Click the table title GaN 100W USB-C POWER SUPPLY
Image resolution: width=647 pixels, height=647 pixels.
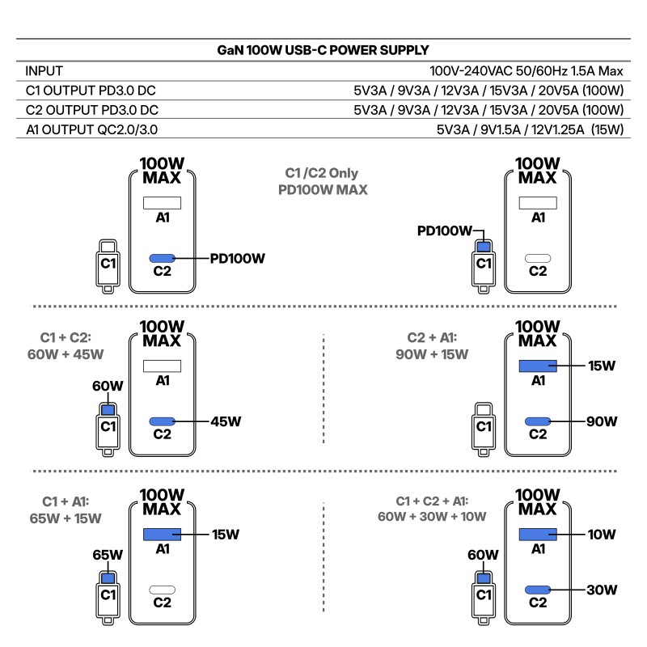pos(323,50)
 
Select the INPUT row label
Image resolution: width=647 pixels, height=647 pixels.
pos(44,71)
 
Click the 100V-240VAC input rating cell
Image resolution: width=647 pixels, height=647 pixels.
pos(526,71)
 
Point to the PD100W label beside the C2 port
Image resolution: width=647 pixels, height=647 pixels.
pos(238,259)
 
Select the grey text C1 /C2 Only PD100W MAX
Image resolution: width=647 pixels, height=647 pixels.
pos(322,182)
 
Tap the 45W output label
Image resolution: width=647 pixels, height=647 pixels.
pos(226,421)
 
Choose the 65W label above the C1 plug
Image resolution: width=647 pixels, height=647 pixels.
pos(108,555)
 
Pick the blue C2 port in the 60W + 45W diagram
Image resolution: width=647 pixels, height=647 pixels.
pos(163,421)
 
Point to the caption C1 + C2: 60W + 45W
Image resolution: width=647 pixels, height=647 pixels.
pos(70,345)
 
